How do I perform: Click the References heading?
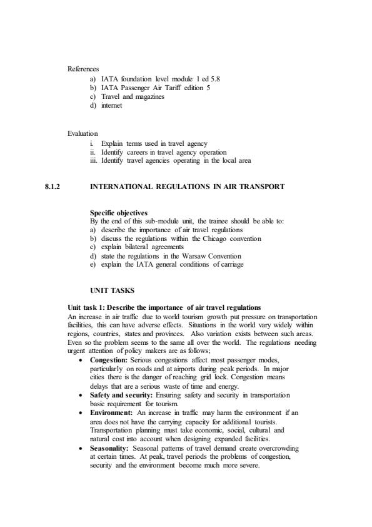(x=83, y=69)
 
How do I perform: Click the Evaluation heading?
(x=83, y=133)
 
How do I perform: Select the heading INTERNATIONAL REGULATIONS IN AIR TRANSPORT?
(x=188, y=187)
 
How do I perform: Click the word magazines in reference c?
(x=147, y=96)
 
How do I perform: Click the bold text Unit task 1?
(x=89, y=307)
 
